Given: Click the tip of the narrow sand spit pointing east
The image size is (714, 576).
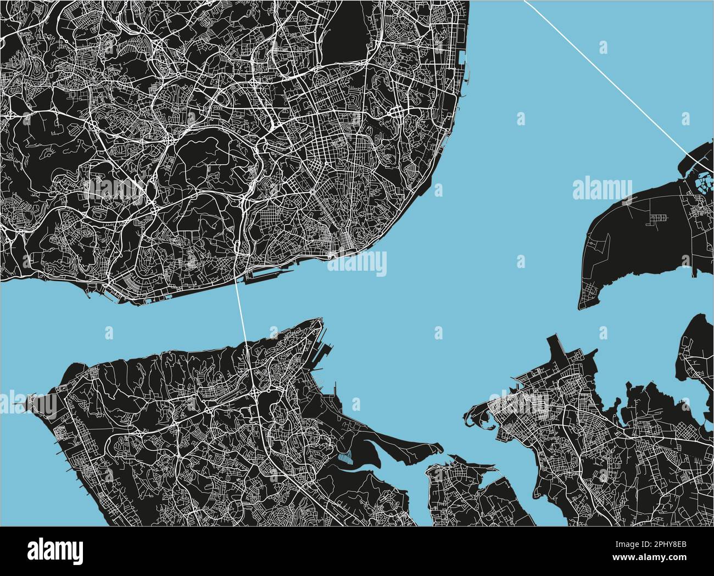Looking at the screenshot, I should (x=439, y=446).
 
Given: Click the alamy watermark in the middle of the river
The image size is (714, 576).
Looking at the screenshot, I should (x=357, y=265).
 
